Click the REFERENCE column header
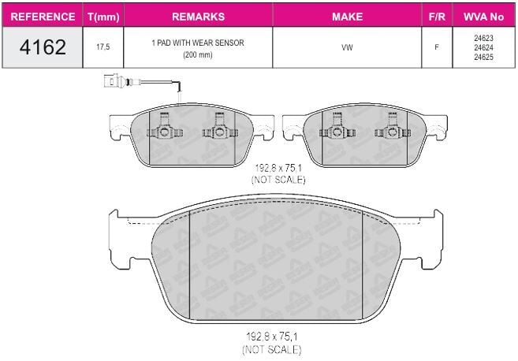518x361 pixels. (43, 17)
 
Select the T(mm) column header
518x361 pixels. (103, 17)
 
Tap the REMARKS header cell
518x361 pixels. (198, 17)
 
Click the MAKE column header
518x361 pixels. (347, 17)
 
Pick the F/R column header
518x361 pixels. (437, 17)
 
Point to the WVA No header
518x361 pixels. (483, 17)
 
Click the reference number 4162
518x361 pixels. (43, 47)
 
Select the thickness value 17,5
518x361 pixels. (103, 47)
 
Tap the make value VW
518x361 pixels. (347, 47)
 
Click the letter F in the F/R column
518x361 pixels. (437, 47)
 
